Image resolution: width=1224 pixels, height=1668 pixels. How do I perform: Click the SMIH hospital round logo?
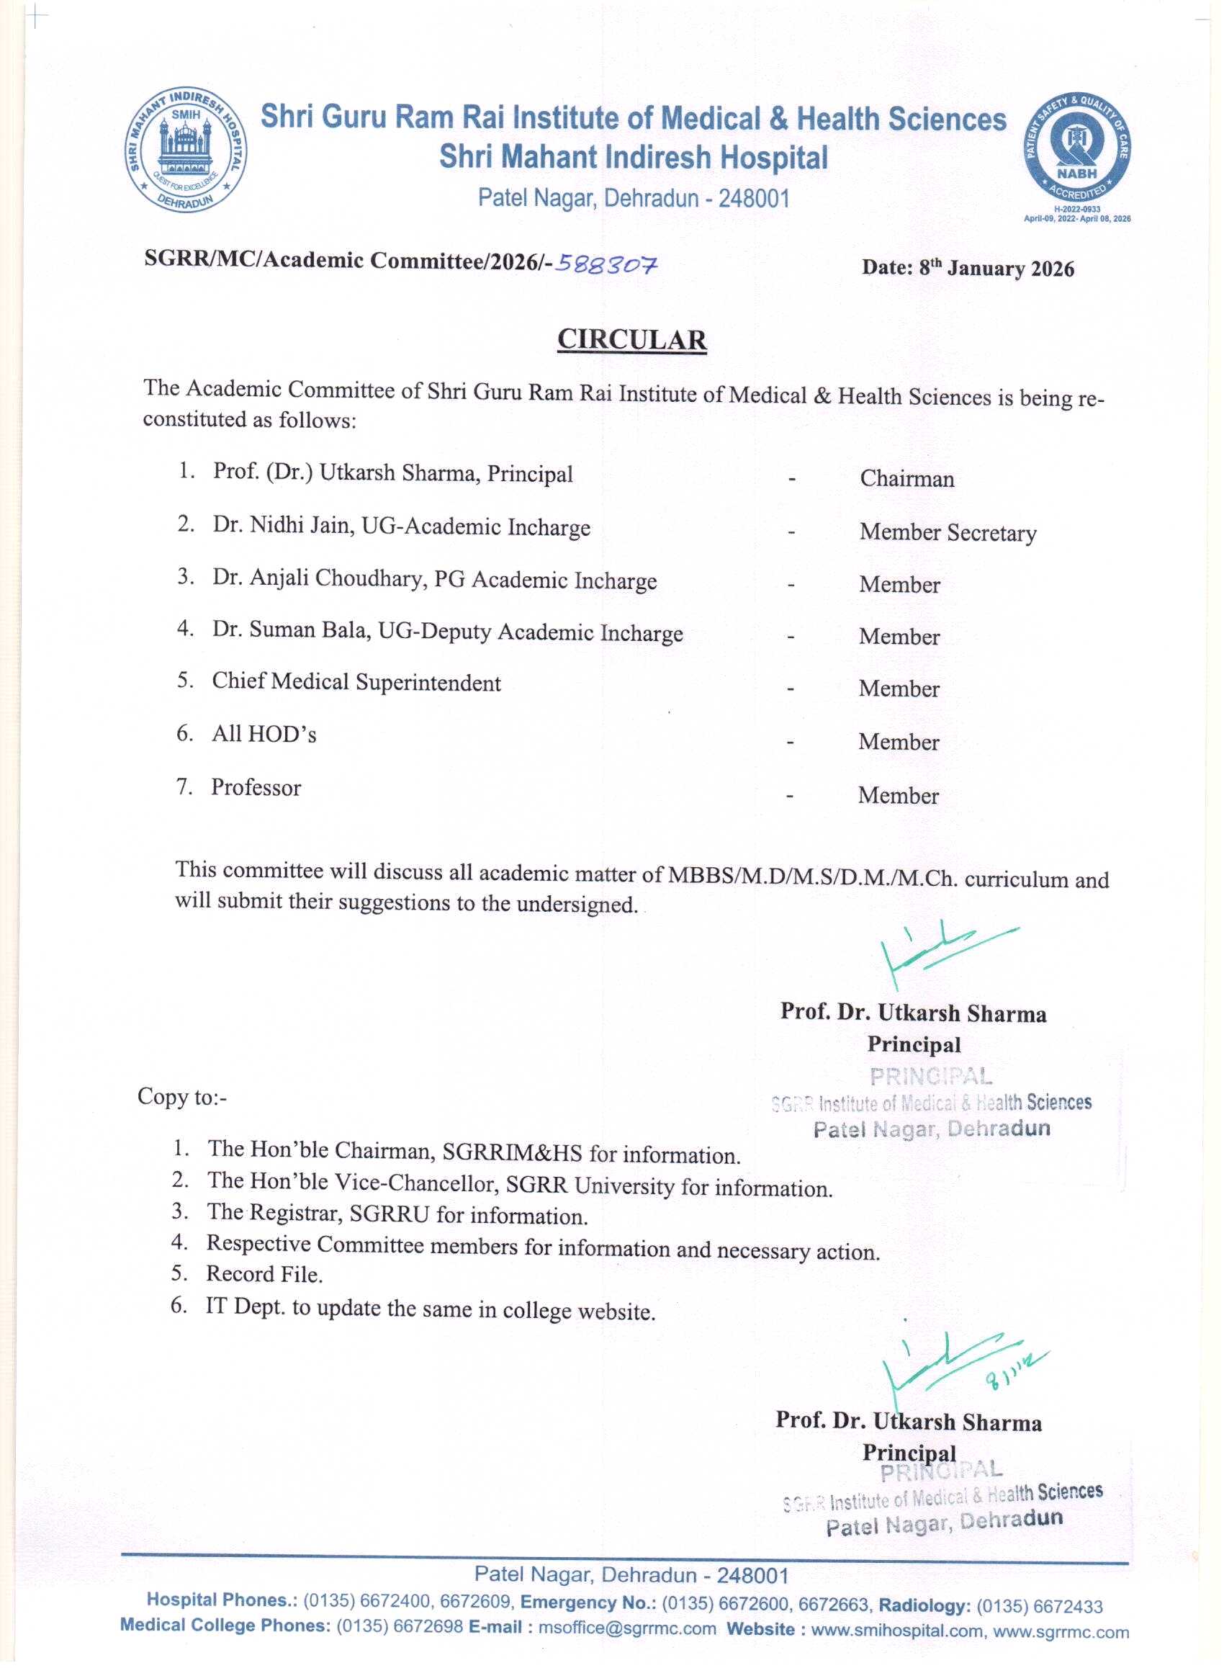point(186,151)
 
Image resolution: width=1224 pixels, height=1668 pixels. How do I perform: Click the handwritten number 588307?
point(607,264)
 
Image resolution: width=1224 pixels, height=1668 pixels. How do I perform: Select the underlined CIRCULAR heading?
point(631,339)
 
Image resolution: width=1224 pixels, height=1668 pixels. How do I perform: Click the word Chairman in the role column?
point(907,480)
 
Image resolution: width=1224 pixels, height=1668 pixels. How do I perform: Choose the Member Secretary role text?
point(948,533)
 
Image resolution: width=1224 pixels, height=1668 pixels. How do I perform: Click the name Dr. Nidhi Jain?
point(283,525)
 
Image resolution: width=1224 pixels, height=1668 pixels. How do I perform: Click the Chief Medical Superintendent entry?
point(356,683)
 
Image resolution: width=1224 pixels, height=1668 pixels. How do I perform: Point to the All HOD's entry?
point(264,735)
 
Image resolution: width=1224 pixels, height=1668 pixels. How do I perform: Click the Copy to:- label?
point(181,1097)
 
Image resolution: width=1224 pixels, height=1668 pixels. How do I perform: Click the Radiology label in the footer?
point(924,1606)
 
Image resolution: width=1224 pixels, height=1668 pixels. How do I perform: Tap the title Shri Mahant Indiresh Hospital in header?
point(634,158)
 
